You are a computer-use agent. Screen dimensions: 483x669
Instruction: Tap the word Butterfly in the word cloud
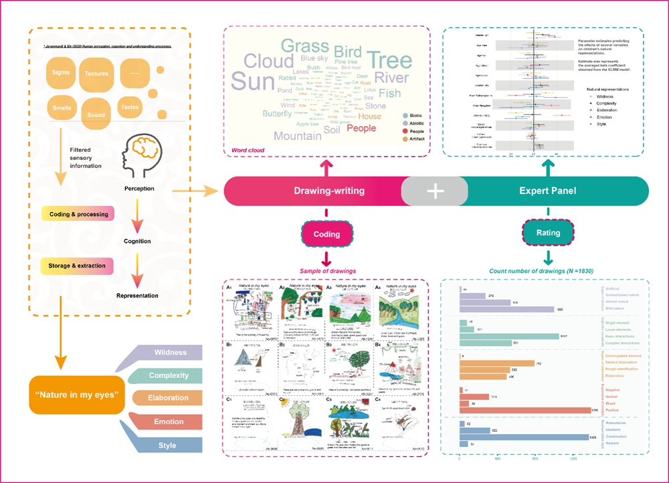click(277, 114)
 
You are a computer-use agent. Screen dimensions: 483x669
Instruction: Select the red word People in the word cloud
click(361, 128)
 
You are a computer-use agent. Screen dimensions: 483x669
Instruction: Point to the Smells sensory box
click(62, 108)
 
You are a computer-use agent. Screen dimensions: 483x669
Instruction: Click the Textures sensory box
click(96, 73)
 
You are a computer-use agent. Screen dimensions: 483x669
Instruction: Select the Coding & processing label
click(77, 215)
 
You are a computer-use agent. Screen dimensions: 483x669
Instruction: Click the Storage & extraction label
click(77, 266)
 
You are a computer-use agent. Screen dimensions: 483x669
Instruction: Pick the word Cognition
click(137, 241)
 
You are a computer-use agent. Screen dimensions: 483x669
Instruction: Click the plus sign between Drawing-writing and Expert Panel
click(435, 191)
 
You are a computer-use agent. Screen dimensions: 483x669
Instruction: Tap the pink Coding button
click(326, 234)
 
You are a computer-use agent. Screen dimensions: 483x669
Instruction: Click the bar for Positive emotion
click(525, 410)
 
